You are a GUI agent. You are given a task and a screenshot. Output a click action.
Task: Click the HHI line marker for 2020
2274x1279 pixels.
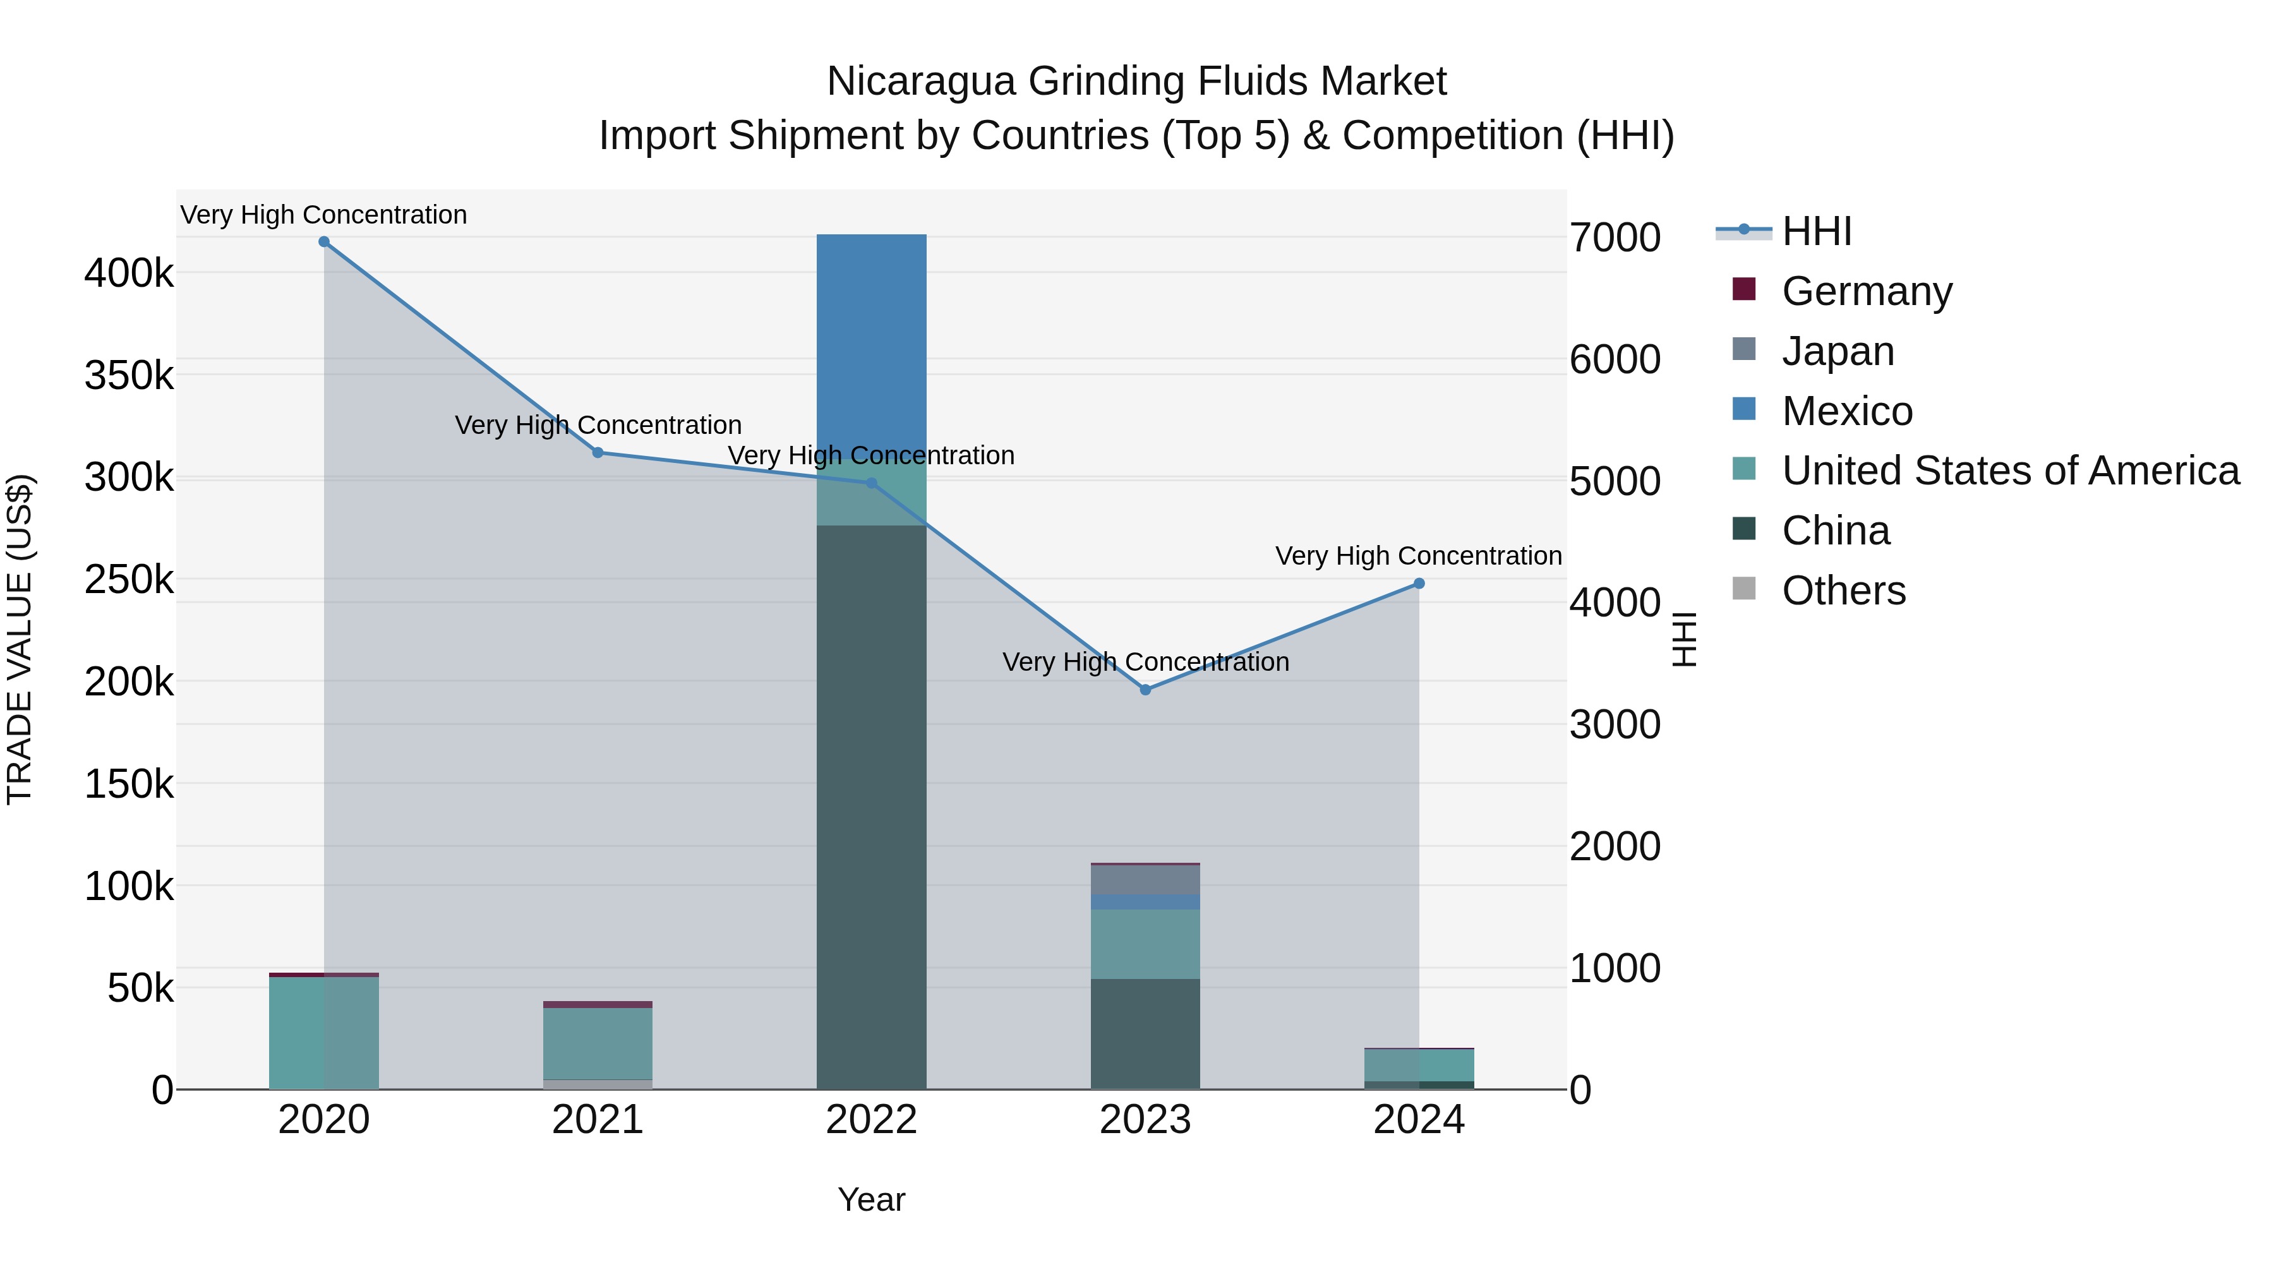pos(324,242)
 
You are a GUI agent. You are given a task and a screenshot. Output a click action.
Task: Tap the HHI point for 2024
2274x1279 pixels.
pos(1419,584)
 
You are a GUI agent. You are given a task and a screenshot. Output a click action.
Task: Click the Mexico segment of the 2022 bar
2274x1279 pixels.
pos(871,344)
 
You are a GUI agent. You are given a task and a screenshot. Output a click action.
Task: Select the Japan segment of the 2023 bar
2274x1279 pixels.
pos(1145,879)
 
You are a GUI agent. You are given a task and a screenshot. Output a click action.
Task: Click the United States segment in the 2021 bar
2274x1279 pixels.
pos(598,1043)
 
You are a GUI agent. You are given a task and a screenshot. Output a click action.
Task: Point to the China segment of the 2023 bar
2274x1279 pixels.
pos(1145,1033)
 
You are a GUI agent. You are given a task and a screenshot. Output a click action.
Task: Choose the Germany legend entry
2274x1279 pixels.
pos(1866,291)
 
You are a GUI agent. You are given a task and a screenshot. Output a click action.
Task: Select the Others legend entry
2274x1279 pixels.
pos(1843,591)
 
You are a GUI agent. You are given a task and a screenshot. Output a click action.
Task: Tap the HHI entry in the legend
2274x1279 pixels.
pos(1816,231)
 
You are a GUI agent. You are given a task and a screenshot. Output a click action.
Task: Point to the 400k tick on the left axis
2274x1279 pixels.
pos(129,273)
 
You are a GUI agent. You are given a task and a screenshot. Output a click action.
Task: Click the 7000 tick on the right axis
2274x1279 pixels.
pos(1615,237)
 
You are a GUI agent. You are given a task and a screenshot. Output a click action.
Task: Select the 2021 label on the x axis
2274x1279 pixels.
pos(598,1120)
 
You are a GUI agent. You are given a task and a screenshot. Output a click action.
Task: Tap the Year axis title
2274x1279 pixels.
pos(871,1199)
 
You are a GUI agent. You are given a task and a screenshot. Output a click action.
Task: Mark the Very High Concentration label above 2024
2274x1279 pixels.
pos(1419,556)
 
